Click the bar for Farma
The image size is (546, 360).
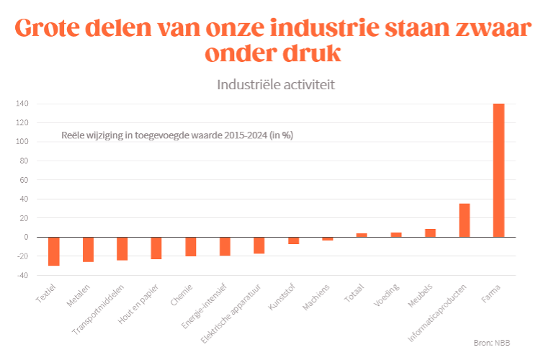(x=498, y=170)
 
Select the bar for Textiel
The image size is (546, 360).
(x=54, y=251)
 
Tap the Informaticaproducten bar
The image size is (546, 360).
(x=465, y=220)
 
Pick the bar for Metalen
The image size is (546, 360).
(x=88, y=249)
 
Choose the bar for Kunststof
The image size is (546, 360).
(x=293, y=240)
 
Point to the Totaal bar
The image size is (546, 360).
(x=362, y=235)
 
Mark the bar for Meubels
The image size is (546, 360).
(x=430, y=233)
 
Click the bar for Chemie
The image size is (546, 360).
(x=191, y=246)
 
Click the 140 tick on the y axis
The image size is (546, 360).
(x=22, y=104)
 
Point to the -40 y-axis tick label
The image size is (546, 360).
(x=22, y=275)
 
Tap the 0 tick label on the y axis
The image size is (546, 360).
(x=25, y=237)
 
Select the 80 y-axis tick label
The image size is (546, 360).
(x=23, y=161)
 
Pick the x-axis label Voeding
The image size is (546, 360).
(x=382, y=295)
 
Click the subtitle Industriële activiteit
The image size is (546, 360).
(x=276, y=84)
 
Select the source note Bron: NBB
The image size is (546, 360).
(x=496, y=343)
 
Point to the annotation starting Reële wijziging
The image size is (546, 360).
(x=176, y=135)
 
